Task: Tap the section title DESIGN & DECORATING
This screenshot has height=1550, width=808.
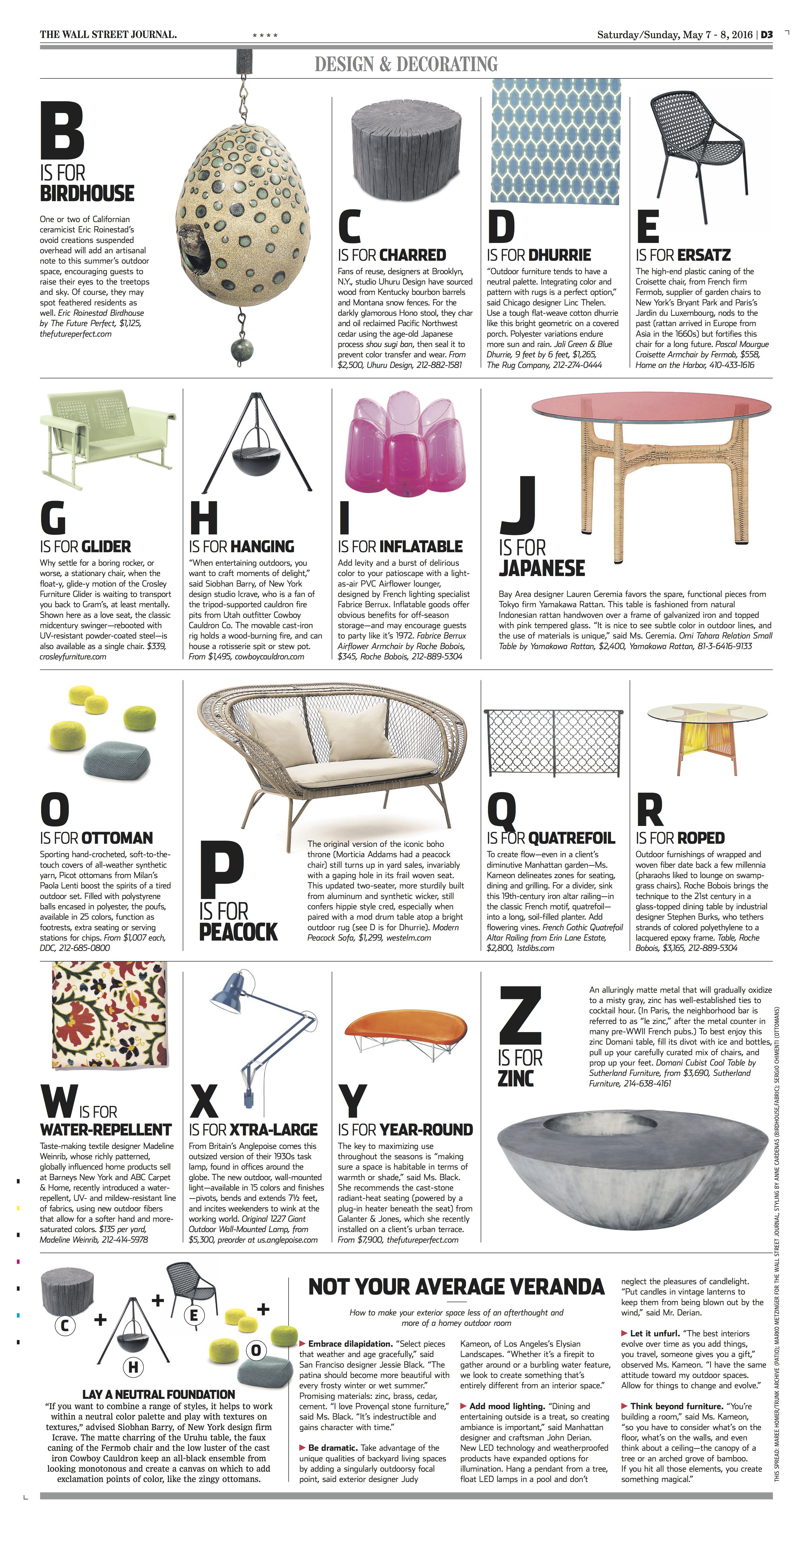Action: tap(406, 64)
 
